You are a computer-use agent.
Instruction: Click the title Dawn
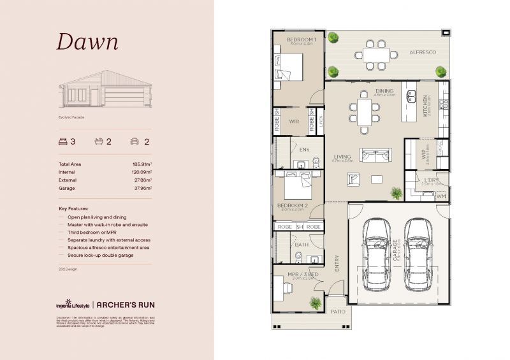87,42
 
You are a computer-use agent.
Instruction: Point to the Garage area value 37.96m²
142,189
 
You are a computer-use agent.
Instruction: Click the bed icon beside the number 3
62,141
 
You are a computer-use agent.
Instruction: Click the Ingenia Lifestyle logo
71,305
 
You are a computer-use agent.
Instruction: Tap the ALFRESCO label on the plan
422,52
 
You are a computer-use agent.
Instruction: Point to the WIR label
294,121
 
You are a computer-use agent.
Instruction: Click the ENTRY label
337,264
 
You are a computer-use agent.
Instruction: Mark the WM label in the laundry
441,198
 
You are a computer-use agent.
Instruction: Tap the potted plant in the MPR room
314,303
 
